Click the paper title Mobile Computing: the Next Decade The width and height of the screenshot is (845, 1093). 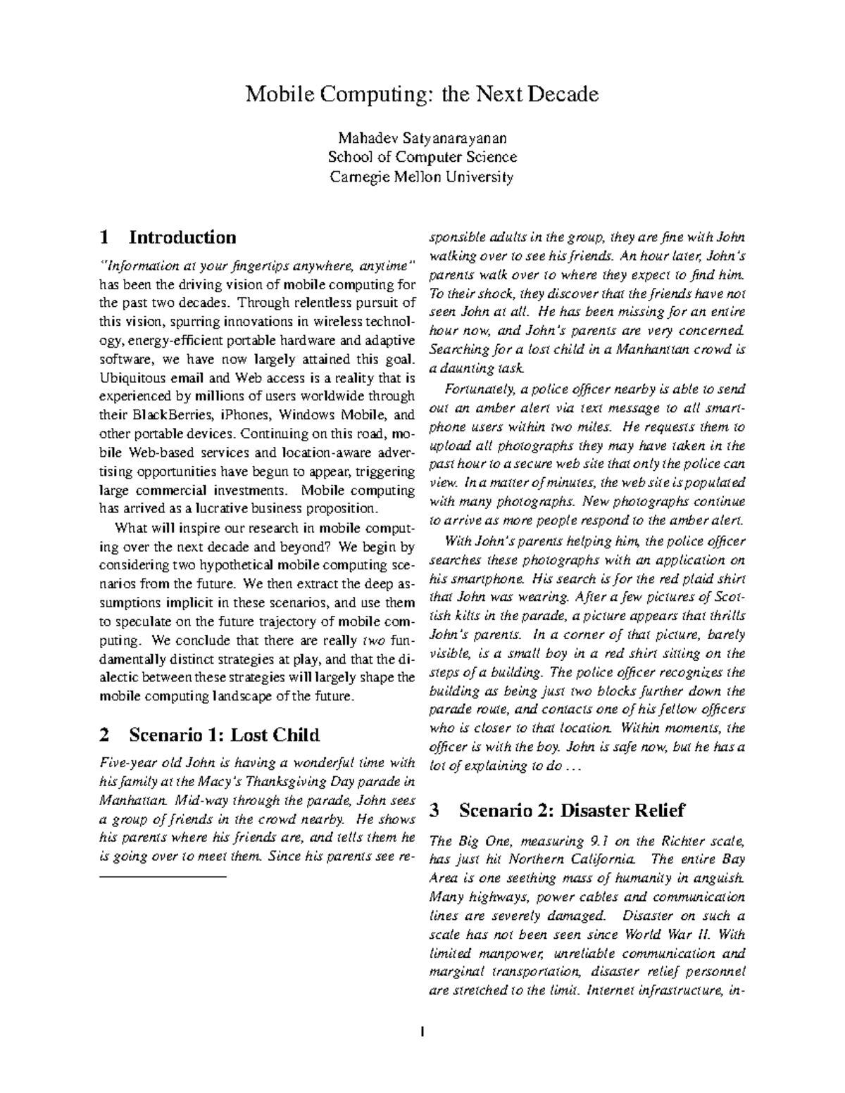[422, 94]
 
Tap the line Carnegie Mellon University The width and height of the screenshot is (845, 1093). [422, 177]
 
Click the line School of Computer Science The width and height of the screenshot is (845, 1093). [422, 157]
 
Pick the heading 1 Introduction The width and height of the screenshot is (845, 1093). [168, 236]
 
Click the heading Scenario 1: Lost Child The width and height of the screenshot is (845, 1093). [224, 735]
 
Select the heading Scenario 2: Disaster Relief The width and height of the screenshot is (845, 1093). [571, 810]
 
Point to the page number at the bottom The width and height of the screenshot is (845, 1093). [422, 1032]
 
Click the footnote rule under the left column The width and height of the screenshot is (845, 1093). [163, 877]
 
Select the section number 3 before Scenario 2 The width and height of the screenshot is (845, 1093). [434, 810]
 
